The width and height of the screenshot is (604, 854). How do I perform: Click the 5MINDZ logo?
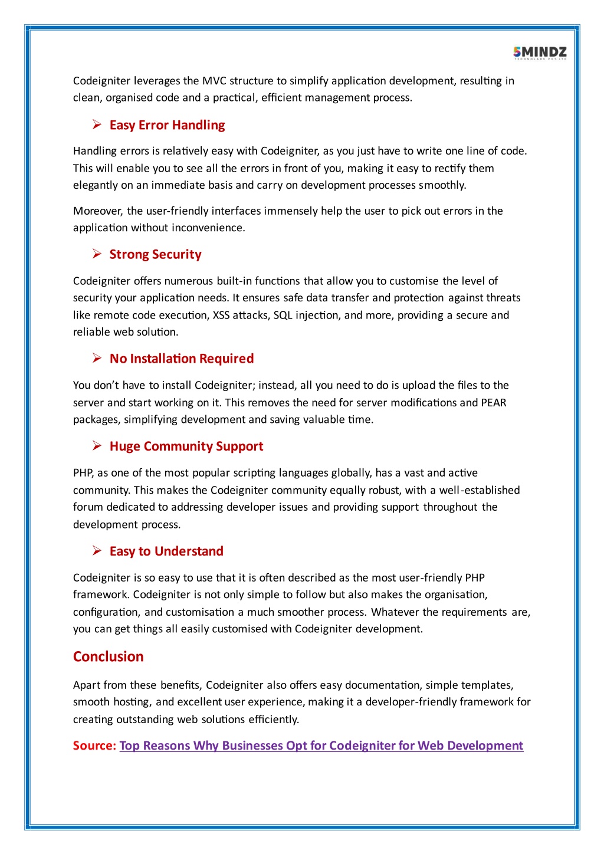pos(540,53)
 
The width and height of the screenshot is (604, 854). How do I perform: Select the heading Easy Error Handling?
pos(167,125)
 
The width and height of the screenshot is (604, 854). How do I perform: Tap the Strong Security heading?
pos(155,254)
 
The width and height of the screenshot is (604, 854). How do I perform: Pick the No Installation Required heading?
pos(182,359)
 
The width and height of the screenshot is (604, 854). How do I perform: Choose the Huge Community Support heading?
pos(186,446)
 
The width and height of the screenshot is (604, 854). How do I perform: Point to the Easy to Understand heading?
pos(166,551)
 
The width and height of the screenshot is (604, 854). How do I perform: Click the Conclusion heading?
pos(109,656)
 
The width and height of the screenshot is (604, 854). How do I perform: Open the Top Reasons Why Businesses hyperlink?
pos(321,745)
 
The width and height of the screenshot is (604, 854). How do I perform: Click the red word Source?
pos(94,745)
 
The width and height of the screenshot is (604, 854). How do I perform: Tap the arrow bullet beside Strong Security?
pos(97,254)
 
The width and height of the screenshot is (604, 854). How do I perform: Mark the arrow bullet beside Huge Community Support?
pos(97,445)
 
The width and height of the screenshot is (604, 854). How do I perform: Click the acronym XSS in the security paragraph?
pos(221,315)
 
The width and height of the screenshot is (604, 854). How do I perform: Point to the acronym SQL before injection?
pos(283,315)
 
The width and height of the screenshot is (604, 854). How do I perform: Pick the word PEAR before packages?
pos(494,403)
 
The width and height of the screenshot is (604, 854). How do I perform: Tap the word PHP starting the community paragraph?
pos(83,473)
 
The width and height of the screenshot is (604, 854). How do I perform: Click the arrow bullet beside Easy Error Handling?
pos(97,124)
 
